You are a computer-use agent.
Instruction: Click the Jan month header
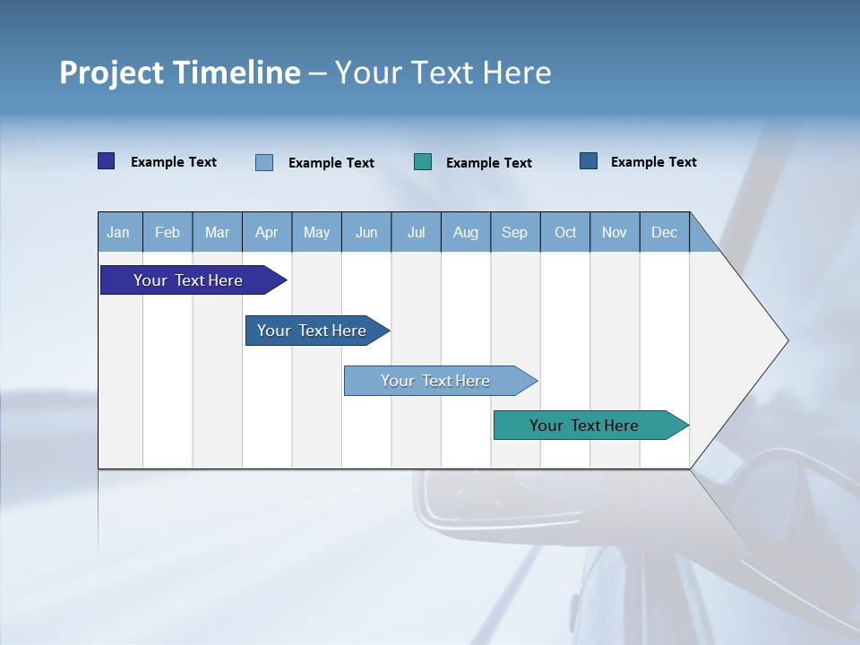[119, 232]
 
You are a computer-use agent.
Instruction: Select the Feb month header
[168, 232]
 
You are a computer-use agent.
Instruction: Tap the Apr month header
[267, 232]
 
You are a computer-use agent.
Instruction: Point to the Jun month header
[366, 232]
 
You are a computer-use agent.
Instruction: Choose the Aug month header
[466, 232]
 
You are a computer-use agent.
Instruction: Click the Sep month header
[515, 232]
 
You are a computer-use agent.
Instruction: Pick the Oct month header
[565, 232]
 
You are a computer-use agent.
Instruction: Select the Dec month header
[665, 232]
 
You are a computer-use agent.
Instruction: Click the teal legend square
[423, 162]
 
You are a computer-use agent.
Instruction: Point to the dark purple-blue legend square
[107, 161]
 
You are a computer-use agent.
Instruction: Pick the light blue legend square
[264, 162]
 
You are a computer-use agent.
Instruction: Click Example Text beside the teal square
[488, 163]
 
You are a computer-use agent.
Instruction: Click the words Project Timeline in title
[179, 73]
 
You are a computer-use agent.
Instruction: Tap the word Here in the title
[517, 73]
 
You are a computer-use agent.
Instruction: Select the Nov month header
[615, 232]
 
